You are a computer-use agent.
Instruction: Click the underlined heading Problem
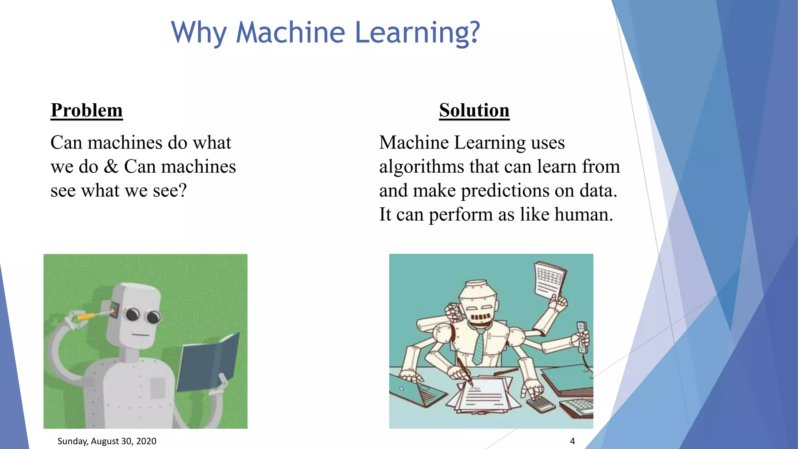(x=87, y=110)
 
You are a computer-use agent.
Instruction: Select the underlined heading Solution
(x=474, y=110)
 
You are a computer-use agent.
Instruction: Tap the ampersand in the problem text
(x=111, y=167)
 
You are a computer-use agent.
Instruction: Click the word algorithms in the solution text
(x=422, y=167)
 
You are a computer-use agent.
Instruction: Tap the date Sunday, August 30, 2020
(x=107, y=441)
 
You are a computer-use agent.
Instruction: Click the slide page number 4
(x=572, y=441)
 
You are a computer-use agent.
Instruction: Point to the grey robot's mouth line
(x=140, y=335)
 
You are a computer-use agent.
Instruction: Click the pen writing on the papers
(x=464, y=371)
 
